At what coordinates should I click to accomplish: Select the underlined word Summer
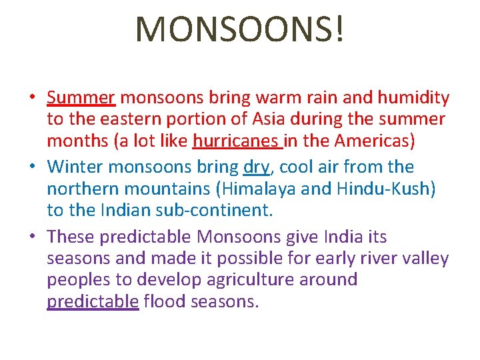tap(81, 98)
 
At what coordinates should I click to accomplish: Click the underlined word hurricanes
tap(236, 141)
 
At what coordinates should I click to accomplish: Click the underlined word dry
tap(256, 167)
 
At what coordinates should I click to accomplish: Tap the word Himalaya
tap(257, 189)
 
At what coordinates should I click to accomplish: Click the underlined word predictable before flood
tap(93, 302)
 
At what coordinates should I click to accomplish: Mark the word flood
tap(164, 302)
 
